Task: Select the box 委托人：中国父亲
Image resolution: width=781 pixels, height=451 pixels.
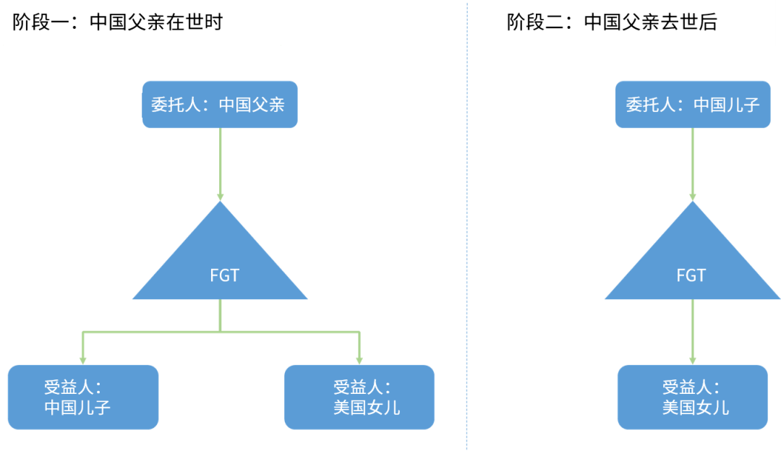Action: pyautogui.click(x=220, y=105)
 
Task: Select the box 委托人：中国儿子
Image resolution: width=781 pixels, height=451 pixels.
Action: pyautogui.click(x=693, y=105)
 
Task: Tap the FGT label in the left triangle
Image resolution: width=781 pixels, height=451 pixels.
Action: pyautogui.click(x=224, y=275)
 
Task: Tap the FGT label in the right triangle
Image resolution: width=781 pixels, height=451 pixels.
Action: pyautogui.click(x=691, y=275)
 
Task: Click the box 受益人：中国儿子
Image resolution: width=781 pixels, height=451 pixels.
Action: pyautogui.click(x=82, y=397)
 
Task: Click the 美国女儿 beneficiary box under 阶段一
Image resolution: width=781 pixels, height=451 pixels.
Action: pyautogui.click(x=359, y=397)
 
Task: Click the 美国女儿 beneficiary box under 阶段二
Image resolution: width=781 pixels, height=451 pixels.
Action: pyautogui.click(x=693, y=397)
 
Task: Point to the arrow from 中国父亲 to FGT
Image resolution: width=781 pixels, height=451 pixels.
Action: pyautogui.click(x=220, y=163)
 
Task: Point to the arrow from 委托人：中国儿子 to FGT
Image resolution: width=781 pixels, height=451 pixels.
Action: pyautogui.click(x=693, y=163)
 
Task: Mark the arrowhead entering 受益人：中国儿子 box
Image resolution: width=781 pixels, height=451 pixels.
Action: pyautogui.click(x=82, y=359)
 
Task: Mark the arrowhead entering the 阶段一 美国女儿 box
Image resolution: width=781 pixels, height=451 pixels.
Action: pyautogui.click(x=359, y=359)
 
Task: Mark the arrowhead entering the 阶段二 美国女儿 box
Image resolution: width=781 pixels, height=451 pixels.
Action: pyautogui.click(x=693, y=359)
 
